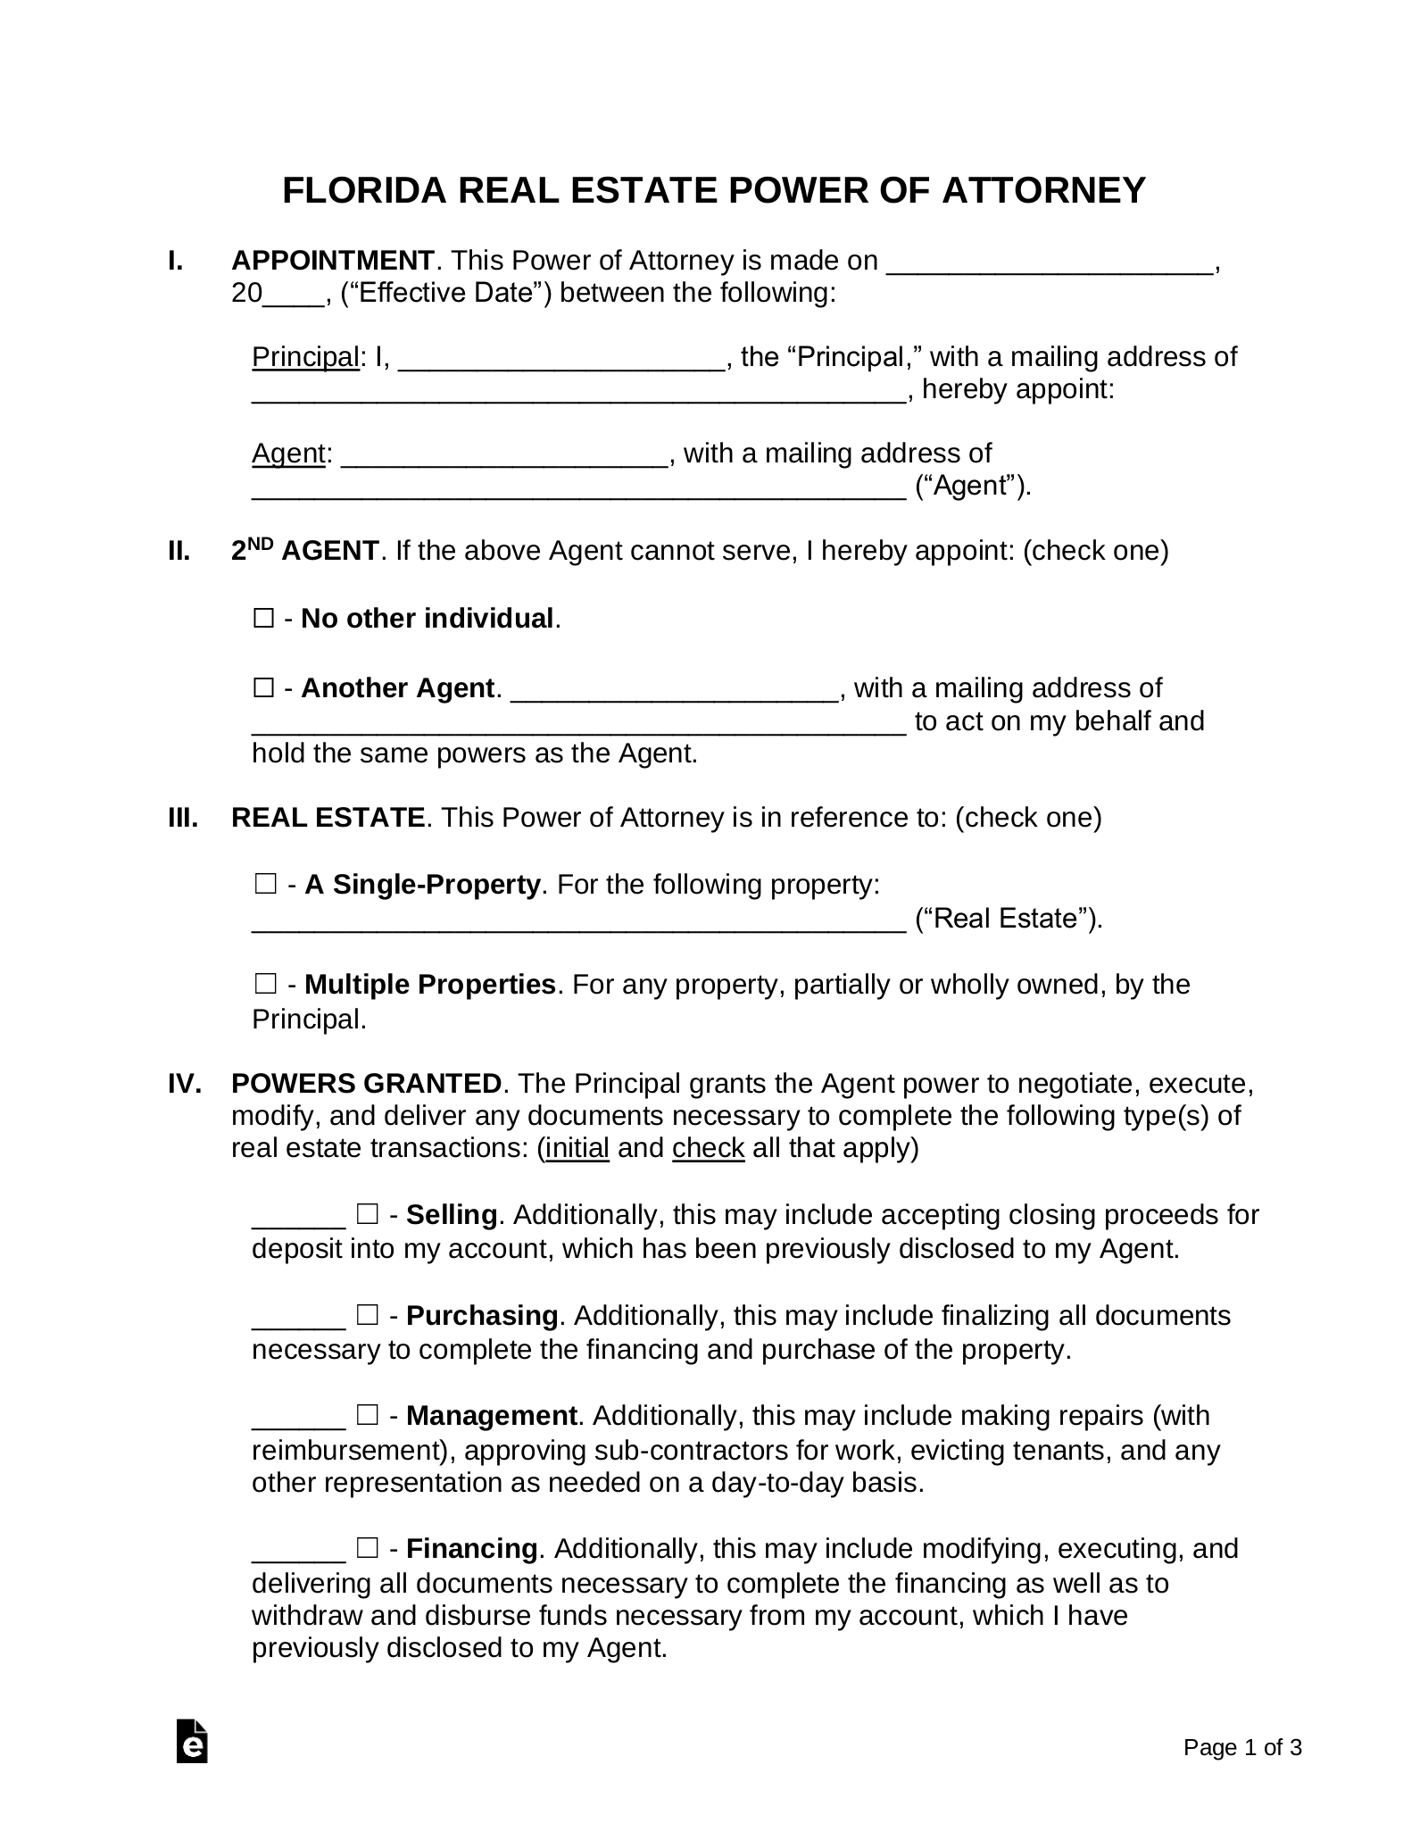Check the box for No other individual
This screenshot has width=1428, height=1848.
point(263,619)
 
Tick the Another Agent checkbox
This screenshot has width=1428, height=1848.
point(263,688)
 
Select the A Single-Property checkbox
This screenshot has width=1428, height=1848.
point(265,885)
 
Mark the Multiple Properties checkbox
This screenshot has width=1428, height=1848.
point(265,985)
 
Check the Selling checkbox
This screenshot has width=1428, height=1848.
point(367,1214)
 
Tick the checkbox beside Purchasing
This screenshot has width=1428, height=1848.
point(367,1315)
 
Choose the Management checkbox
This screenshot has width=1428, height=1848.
point(367,1415)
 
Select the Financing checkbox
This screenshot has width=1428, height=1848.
point(367,1547)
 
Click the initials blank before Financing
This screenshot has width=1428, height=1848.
point(298,1551)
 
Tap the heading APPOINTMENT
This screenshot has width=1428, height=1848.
point(332,261)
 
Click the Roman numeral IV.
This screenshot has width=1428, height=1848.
point(185,1084)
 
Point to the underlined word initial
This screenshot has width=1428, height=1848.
point(577,1148)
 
